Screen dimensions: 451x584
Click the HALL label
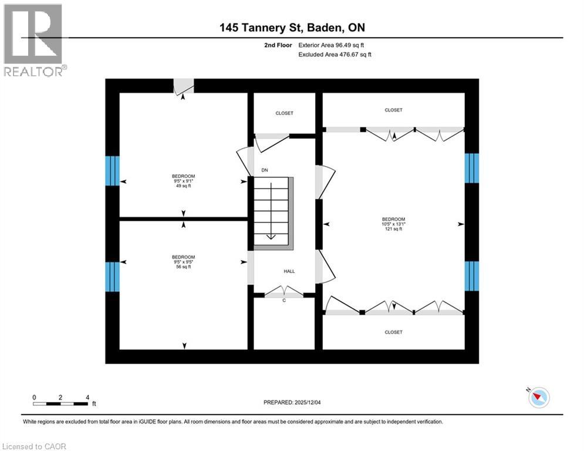tap(289, 271)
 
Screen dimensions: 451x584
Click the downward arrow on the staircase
tap(271, 211)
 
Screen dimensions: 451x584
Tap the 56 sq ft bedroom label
tap(184, 262)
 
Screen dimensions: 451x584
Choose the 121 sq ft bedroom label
tap(394, 224)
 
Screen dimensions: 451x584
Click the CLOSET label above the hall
tap(284, 113)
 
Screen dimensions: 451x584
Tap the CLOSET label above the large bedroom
tap(393, 110)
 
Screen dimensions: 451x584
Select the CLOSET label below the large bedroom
tap(393, 332)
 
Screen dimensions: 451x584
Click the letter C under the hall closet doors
tap(284, 301)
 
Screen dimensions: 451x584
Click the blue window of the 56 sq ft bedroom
tap(112, 277)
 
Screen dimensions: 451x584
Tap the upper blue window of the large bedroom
tap(471, 168)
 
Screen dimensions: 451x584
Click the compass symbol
tap(538, 398)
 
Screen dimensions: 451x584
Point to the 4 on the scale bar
tap(87, 398)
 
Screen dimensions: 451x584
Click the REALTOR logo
tap(34, 40)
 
